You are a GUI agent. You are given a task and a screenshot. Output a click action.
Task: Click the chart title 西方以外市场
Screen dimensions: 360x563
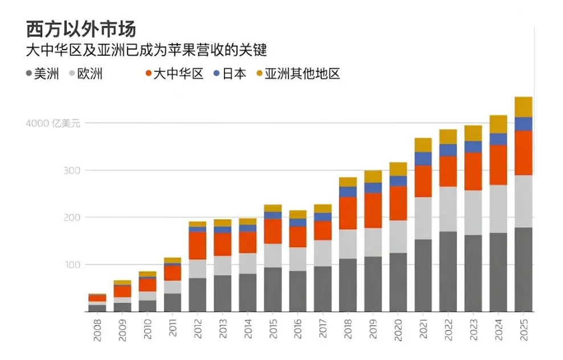[x=81, y=28]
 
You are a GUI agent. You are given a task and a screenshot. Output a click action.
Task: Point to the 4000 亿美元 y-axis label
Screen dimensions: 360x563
[x=54, y=123]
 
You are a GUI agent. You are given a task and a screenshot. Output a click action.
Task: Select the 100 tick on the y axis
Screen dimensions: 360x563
[x=70, y=265]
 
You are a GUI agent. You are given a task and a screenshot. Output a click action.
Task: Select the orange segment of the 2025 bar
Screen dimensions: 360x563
[x=523, y=153]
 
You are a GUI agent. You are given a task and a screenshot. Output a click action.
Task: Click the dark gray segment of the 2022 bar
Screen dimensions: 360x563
[x=448, y=271]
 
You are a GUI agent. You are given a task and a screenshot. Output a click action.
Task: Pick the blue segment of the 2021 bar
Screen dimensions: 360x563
[x=423, y=158]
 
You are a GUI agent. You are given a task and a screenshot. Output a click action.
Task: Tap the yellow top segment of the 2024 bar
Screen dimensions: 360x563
[x=498, y=124]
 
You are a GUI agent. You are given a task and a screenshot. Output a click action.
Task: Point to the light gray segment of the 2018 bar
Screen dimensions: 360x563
[x=348, y=244]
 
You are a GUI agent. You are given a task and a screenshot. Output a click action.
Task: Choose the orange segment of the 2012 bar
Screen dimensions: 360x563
[x=198, y=246]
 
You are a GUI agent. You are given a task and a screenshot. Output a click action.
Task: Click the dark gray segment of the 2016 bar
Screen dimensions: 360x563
[x=297, y=291]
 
